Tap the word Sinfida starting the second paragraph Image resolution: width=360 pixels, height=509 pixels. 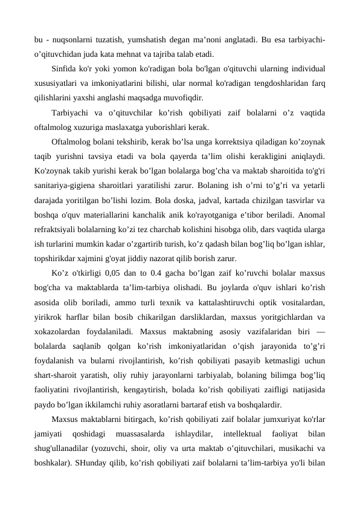tap(66, 68)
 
